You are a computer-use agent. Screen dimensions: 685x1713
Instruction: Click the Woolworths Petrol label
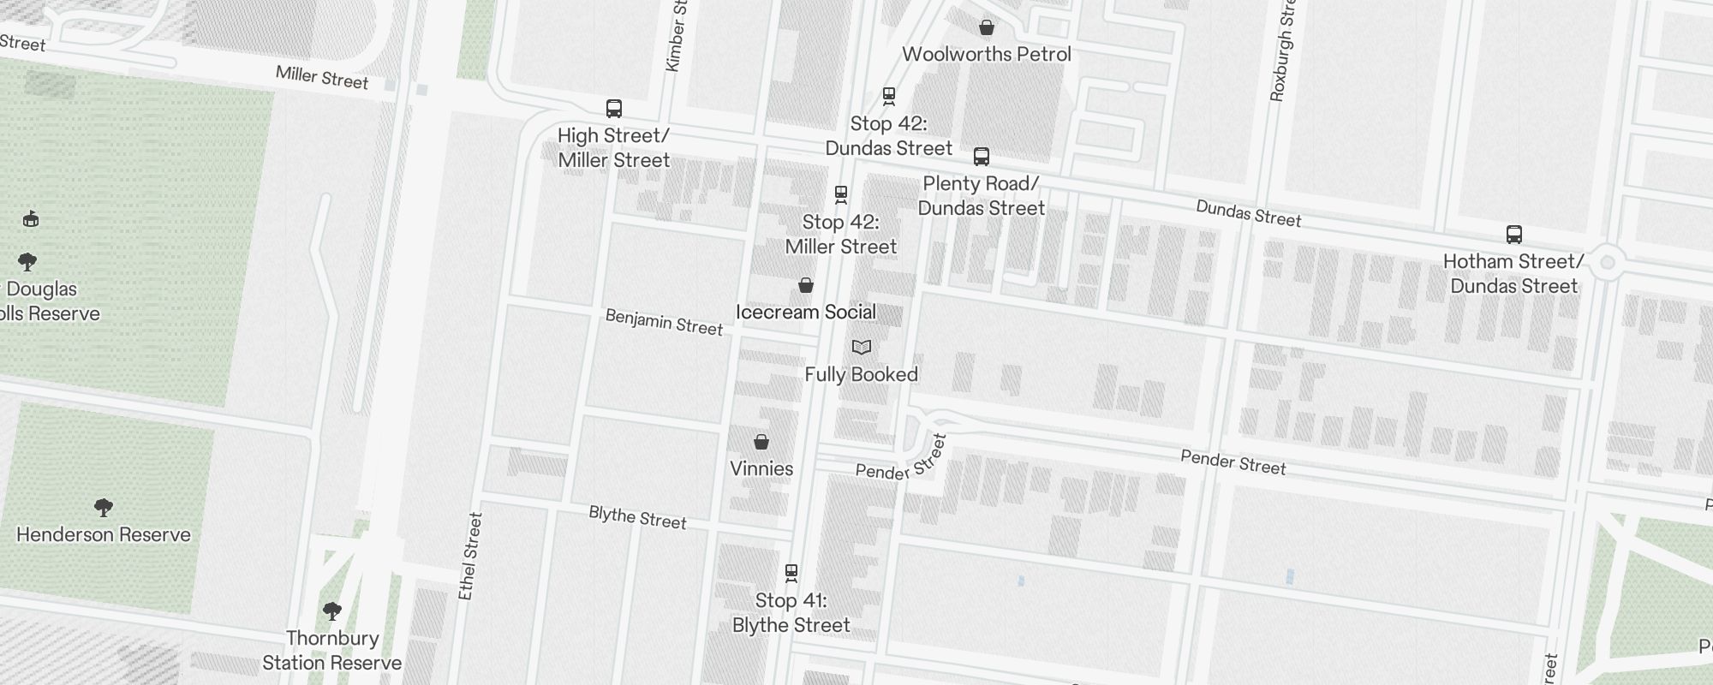(987, 54)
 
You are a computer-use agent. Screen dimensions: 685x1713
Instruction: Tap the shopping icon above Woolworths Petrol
(987, 27)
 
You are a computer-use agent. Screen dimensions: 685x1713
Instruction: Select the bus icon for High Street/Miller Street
(614, 109)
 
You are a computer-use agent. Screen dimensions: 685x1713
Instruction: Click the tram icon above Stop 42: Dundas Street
(889, 96)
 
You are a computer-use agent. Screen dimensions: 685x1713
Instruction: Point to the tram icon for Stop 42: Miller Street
(841, 194)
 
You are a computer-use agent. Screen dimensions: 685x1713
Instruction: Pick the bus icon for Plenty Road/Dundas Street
(982, 157)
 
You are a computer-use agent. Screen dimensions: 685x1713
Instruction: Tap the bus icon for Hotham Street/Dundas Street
(1514, 235)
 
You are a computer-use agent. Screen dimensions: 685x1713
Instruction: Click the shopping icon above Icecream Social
(806, 285)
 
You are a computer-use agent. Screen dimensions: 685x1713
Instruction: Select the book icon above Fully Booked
(862, 347)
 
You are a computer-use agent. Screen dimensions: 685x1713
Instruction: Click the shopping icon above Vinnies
(761, 442)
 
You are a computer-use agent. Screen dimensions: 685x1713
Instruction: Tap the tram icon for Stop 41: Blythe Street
(791, 572)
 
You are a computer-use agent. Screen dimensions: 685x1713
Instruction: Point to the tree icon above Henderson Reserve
(104, 508)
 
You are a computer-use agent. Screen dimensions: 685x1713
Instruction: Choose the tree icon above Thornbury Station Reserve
(332, 611)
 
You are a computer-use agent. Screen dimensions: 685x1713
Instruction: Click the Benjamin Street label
(664, 322)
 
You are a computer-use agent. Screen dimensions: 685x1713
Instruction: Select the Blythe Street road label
(637, 517)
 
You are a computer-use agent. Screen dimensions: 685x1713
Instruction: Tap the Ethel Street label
(470, 556)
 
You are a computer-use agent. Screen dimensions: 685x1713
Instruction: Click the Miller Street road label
(322, 78)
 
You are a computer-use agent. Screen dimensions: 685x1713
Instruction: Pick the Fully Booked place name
(862, 374)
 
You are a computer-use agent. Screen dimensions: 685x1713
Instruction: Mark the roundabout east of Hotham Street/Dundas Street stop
(1607, 262)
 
